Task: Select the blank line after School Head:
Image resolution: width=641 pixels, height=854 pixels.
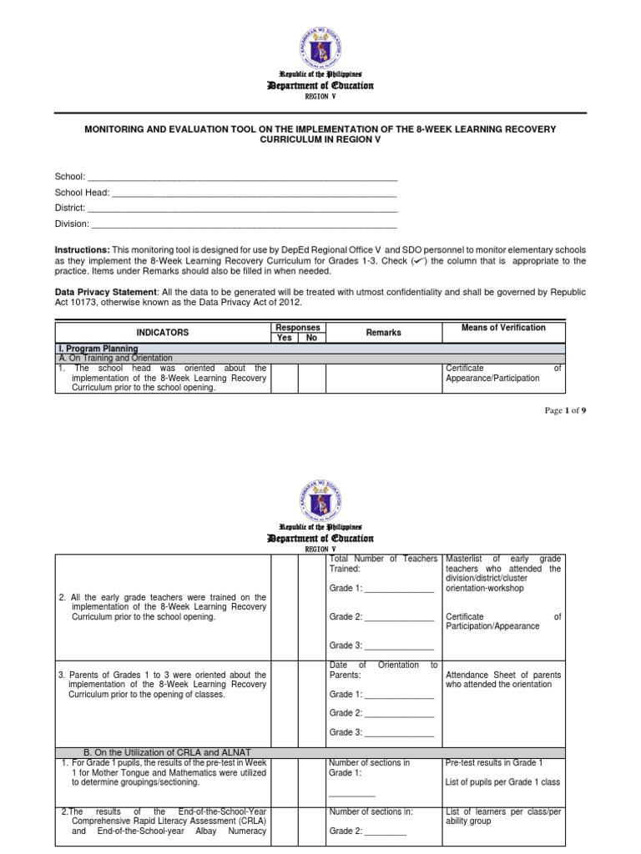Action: [254, 193]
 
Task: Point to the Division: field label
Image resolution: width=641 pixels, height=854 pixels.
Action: [72, 224]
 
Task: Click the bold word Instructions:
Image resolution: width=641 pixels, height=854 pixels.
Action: [83, 249]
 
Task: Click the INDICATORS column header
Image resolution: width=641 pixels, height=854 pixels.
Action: [163, 332]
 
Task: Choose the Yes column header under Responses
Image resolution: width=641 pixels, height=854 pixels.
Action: [285, 338]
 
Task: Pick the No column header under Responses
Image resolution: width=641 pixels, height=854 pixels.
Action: [312, 338]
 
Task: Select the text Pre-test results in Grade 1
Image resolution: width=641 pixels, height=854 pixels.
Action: [494, 763]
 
